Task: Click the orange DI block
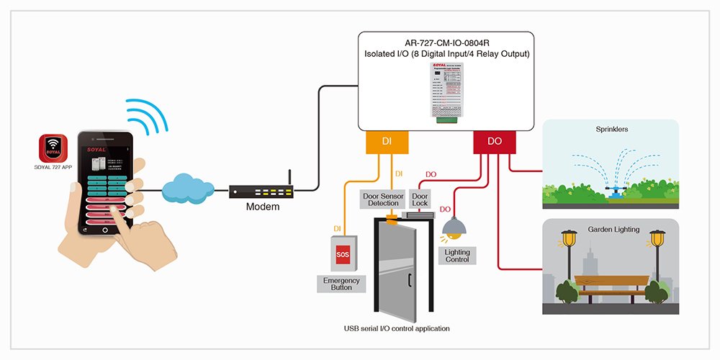385,141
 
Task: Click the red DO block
495,141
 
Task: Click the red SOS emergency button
343,254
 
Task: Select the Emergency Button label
341,283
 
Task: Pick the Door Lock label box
420,199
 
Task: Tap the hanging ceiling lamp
454,228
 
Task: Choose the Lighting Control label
457,255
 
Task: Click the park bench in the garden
609,288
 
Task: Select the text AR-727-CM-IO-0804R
446,42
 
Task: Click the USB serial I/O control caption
397,328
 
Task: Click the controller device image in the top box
446,94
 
